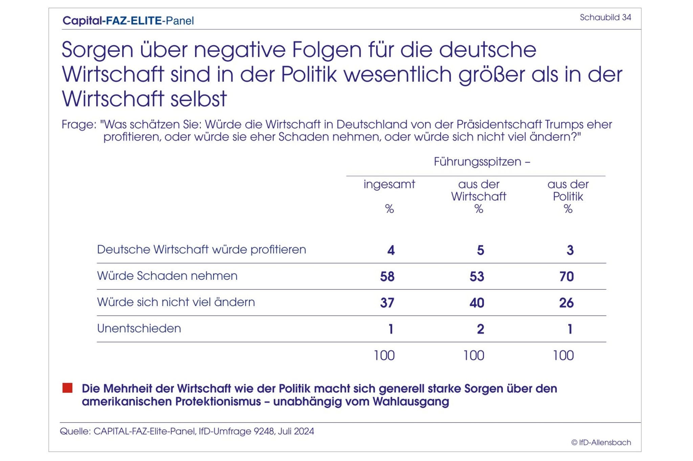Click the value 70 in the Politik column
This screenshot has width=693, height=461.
coord(566,276)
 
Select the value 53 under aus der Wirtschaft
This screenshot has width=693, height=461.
coord(477,276)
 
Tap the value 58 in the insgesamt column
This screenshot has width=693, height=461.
coord(387,276)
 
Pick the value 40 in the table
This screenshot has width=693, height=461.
coord(477,303)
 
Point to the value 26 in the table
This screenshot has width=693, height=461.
coord(566,303)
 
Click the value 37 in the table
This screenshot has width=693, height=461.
coord(387,303)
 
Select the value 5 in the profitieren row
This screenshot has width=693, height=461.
coord(480,250)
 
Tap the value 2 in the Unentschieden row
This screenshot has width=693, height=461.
coord(480,329)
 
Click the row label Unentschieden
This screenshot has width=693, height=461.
coord(139,329)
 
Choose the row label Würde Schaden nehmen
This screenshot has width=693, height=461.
coord(167,276)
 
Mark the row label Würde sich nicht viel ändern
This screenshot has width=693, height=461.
coord(176,302)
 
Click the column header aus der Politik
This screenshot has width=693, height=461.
coord(568,190)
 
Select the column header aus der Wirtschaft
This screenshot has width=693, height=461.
coord(478,190)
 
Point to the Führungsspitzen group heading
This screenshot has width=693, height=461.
coord(482,162)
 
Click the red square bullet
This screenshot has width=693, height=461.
coord(67,388)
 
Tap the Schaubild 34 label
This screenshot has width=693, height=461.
coord(605,18)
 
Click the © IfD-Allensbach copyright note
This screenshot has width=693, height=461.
coord(601,442)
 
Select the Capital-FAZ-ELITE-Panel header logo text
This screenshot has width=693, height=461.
coord(128,21)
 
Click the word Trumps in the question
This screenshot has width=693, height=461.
coord(564,124)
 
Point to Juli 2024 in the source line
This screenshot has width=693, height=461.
coord(296,431)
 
